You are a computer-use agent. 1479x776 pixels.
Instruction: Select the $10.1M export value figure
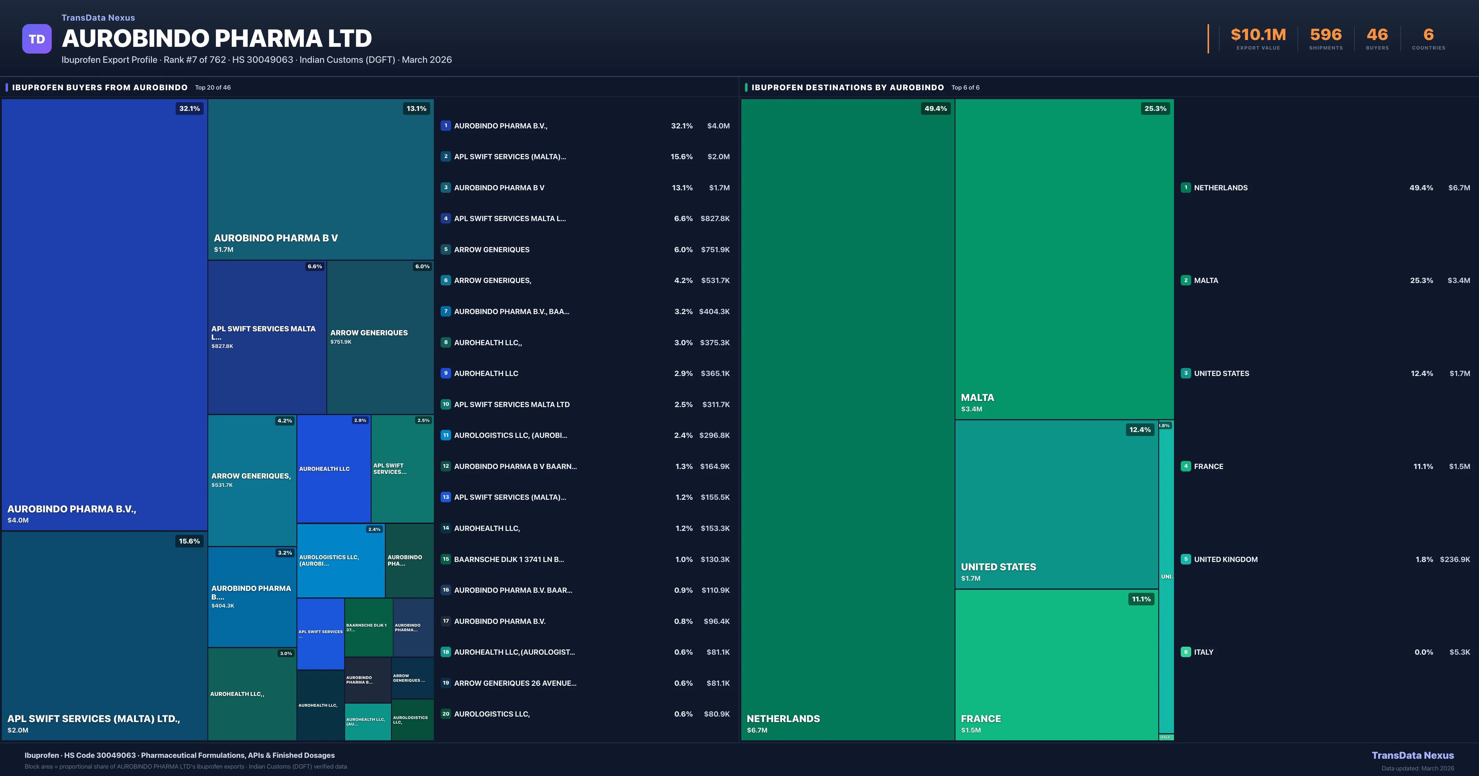[1258, 35]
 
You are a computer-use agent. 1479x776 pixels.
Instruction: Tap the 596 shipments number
[1326, 35]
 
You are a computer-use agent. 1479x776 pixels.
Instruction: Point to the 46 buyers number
[1377, 35]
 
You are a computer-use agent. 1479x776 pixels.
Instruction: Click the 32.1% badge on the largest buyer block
[189, 108]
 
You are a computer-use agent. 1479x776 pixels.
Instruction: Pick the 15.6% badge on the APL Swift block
[189, 541]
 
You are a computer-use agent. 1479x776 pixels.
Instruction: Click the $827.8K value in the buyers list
[715, 219]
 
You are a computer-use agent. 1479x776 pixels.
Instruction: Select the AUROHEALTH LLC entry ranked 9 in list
[486, 374]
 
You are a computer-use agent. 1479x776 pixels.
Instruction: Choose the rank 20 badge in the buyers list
[446, 714]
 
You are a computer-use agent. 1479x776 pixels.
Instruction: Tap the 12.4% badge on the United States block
[1140, 430]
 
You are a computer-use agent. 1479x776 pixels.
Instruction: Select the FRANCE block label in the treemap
[981, 719]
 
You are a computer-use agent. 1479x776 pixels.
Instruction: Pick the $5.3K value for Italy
[1460, 652]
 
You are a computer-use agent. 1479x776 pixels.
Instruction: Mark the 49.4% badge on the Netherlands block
[935, 108]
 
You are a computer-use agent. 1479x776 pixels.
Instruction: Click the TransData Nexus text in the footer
[1412, 755]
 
